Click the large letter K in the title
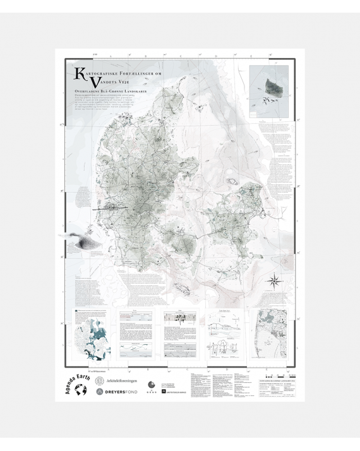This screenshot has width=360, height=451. [x=79, y=74]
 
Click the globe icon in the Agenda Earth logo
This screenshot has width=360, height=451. [x=80, y=391]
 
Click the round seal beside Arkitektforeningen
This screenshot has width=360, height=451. [x=100, y=381]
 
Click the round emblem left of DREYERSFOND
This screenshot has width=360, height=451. [x=100, y=392]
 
